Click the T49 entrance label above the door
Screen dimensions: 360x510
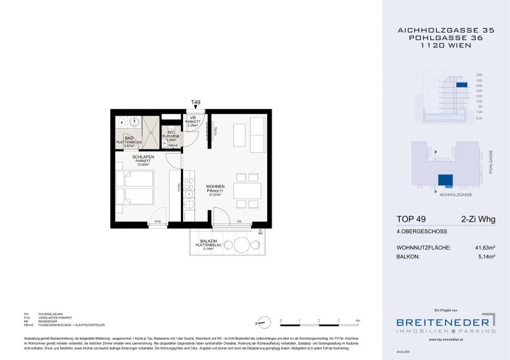(x=196, y=102)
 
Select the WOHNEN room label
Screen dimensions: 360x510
(x=214, y=187)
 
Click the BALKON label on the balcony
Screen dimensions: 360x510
(x=208, y=241)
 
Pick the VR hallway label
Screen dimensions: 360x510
(x=192, y=118)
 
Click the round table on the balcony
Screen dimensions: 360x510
(x=241, y=245)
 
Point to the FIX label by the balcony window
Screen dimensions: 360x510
(x=239, y=221)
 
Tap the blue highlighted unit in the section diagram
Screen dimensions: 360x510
(x=462, y=85)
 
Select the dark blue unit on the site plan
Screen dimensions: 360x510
(x=444, y=180)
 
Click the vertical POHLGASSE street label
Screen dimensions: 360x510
(x=490, y=162)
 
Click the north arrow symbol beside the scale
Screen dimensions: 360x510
(x=262, y=323)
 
